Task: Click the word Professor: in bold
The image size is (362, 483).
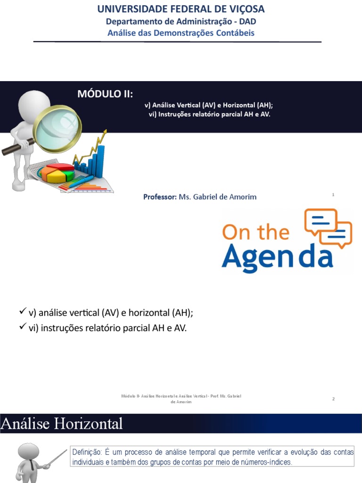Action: coord(160,197)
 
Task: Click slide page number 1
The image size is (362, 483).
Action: coord(333,194)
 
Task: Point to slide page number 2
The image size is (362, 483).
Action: coord(333,399)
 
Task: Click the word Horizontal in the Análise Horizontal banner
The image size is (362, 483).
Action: coord(89,424)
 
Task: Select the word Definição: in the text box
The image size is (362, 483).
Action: coord(84,452)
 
